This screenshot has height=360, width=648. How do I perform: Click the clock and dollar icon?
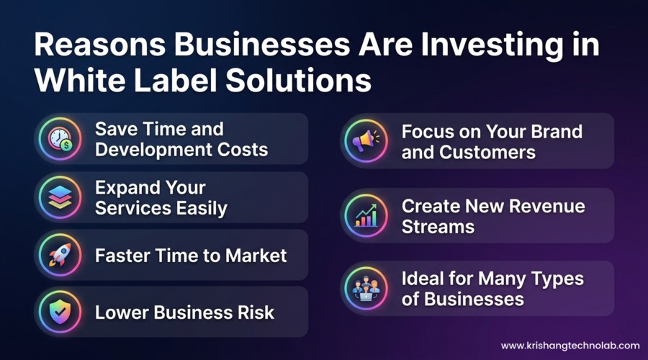point(60,139)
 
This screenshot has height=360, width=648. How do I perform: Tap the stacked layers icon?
point(60,197)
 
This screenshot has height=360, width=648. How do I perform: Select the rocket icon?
point(60,255)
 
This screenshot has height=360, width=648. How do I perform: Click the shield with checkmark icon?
point(60,312)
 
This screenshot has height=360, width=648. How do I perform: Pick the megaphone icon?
point(366,141)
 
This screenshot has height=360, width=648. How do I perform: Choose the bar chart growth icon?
point(366,215)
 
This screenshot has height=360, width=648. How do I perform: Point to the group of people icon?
point(366,288)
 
